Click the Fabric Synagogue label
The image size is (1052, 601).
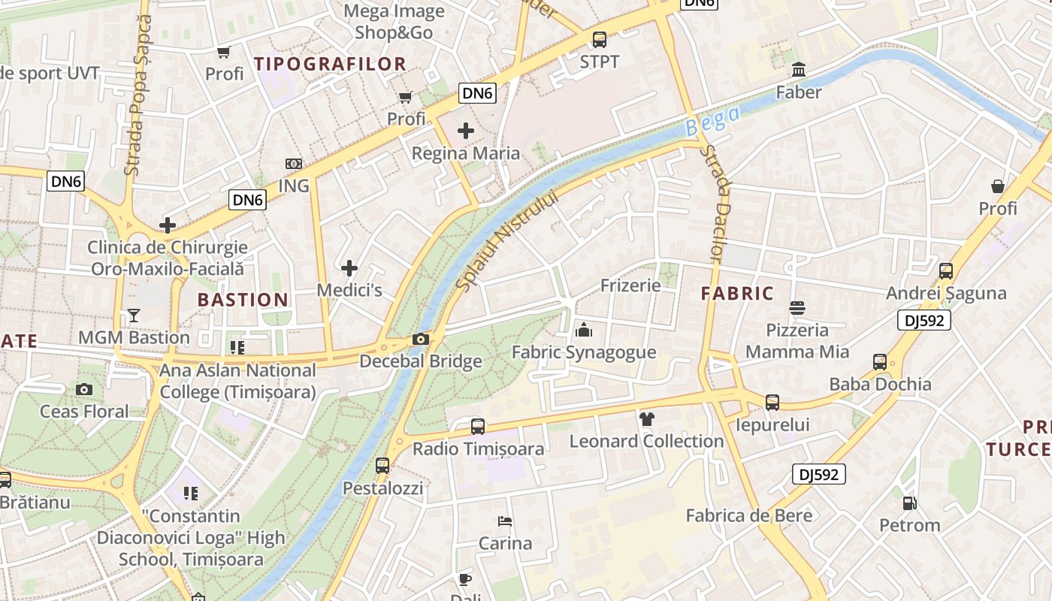pyautogui.click(x=584, y=352)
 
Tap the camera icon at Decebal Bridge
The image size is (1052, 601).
pyautogui.click(x=421, y=340)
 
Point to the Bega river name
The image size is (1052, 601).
pyautogui.click(x=712, y=121)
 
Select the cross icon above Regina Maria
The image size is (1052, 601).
pyautogui.click(x=466, y=131)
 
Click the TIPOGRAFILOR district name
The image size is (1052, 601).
pyautogui.click(x=331, y=64)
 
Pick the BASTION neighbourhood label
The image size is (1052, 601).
pyautogui.click(x=243, y=300)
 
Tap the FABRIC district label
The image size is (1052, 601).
pyautogui.click(x=737, y=294)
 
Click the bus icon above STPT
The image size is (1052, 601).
pyautogui.click(x=599, y=40)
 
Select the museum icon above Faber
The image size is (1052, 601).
pyautogui.click(x=799, y=70)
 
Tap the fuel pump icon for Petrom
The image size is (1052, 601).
pyautogui.click(x=909, y=503)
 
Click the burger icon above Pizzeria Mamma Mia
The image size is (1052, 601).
pyautogui.click(x=797, y=308)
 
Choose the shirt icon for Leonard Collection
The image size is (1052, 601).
pyautogui.click(x=646, y=418)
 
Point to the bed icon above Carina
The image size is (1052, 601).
pyautogui.click(x=505, y=521)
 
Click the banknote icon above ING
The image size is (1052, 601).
pyautogui.click(x=294, y=163)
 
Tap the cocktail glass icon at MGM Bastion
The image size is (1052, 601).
pyautogui.click(x=134, y=316)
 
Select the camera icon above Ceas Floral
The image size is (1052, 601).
pyautogui.click(x=84, y=389)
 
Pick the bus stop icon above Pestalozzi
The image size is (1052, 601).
pyautogui.click(x=382, y=466)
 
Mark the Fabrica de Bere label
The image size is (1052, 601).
pyautogui.click(x=748, y=515)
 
